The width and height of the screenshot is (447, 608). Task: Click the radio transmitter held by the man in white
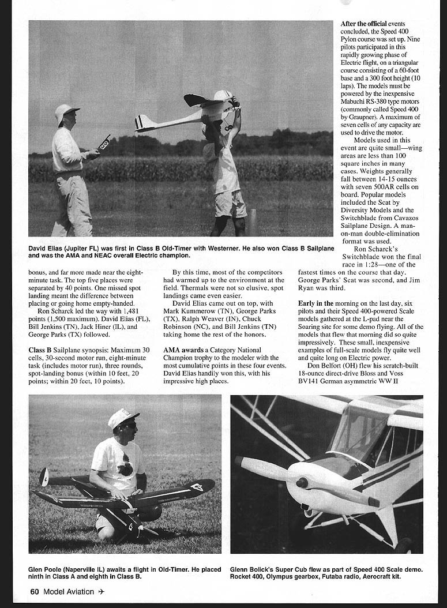[x=104, y=143]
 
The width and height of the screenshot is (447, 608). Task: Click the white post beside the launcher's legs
[x=251, y=222]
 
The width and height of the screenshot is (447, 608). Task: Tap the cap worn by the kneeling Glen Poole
[x=123, y=417]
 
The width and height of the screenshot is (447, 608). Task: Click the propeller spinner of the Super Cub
[x=301, y=482]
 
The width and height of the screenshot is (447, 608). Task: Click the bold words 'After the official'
[x=363, y=24]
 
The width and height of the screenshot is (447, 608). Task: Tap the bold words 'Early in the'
[x=316, y=303]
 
